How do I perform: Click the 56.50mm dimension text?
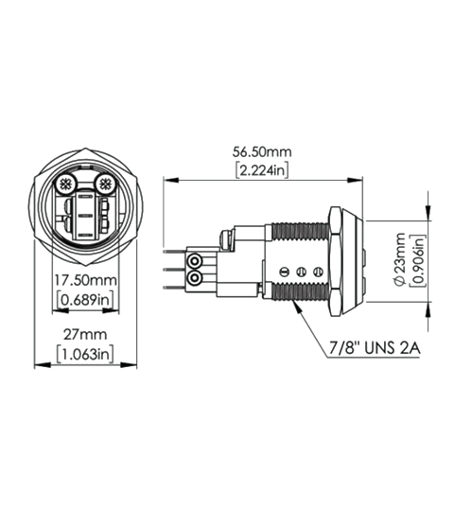[263, 150]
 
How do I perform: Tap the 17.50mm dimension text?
[84, 281]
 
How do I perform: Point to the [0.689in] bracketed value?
[84, 300]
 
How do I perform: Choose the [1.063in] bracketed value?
[84, 354]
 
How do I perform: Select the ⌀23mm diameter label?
[400, 260]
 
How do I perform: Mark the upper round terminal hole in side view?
[195, 260]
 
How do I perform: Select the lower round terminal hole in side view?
[195, 279]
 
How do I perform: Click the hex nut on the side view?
[337, 260]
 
